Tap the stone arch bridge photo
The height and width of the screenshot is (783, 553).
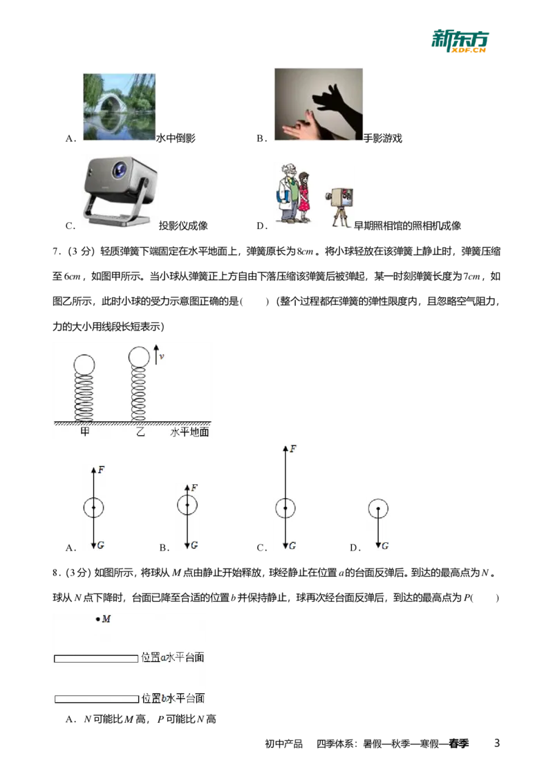point(120,107)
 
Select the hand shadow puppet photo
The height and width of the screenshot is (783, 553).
point(319,104)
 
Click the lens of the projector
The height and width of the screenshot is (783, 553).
point(120,169)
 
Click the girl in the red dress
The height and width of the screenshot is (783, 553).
point(304,196)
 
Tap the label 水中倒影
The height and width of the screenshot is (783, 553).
point(176,138)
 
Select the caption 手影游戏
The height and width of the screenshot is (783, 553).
point(383,138)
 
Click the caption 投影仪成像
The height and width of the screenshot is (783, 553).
point(183,225)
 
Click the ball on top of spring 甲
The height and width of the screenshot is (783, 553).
point(84,365)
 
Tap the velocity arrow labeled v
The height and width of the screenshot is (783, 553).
point(156,354)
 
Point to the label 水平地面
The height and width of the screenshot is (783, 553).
point(189,432)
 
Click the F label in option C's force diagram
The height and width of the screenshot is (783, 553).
point(293,449)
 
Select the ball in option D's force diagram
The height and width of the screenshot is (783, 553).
point(378,508)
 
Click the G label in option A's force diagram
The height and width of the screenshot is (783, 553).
point(101,545)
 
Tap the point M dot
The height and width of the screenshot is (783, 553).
point(98,620)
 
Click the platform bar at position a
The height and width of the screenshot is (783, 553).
point(96,658)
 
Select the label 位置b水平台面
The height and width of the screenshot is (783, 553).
point(174,698)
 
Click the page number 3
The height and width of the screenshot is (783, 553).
point(496,743)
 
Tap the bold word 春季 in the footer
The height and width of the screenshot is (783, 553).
point(459,744)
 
